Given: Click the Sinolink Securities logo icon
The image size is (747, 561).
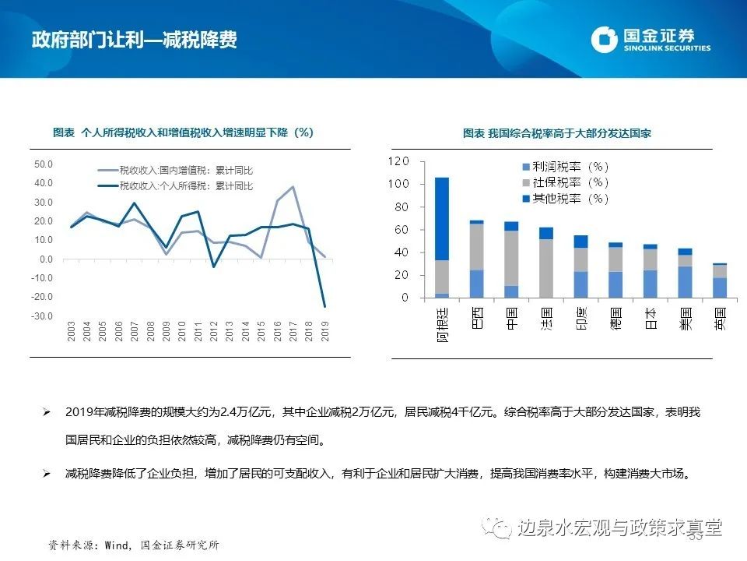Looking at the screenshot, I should point(605,39).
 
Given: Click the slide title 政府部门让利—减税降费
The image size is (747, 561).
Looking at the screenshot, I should point(135,40).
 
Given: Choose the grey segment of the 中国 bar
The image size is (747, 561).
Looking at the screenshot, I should point(510,258).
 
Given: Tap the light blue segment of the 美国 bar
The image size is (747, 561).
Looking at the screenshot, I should point(685,282).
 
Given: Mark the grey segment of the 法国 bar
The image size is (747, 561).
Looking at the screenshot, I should point(545,268).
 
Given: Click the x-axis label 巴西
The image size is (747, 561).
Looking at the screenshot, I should point(476,317).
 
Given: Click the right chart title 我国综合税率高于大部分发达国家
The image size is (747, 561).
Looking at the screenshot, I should point(556,133).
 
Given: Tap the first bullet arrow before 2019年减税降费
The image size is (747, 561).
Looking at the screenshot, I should point(47,411).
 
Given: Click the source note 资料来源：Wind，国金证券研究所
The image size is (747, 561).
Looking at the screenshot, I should point(133,545).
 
